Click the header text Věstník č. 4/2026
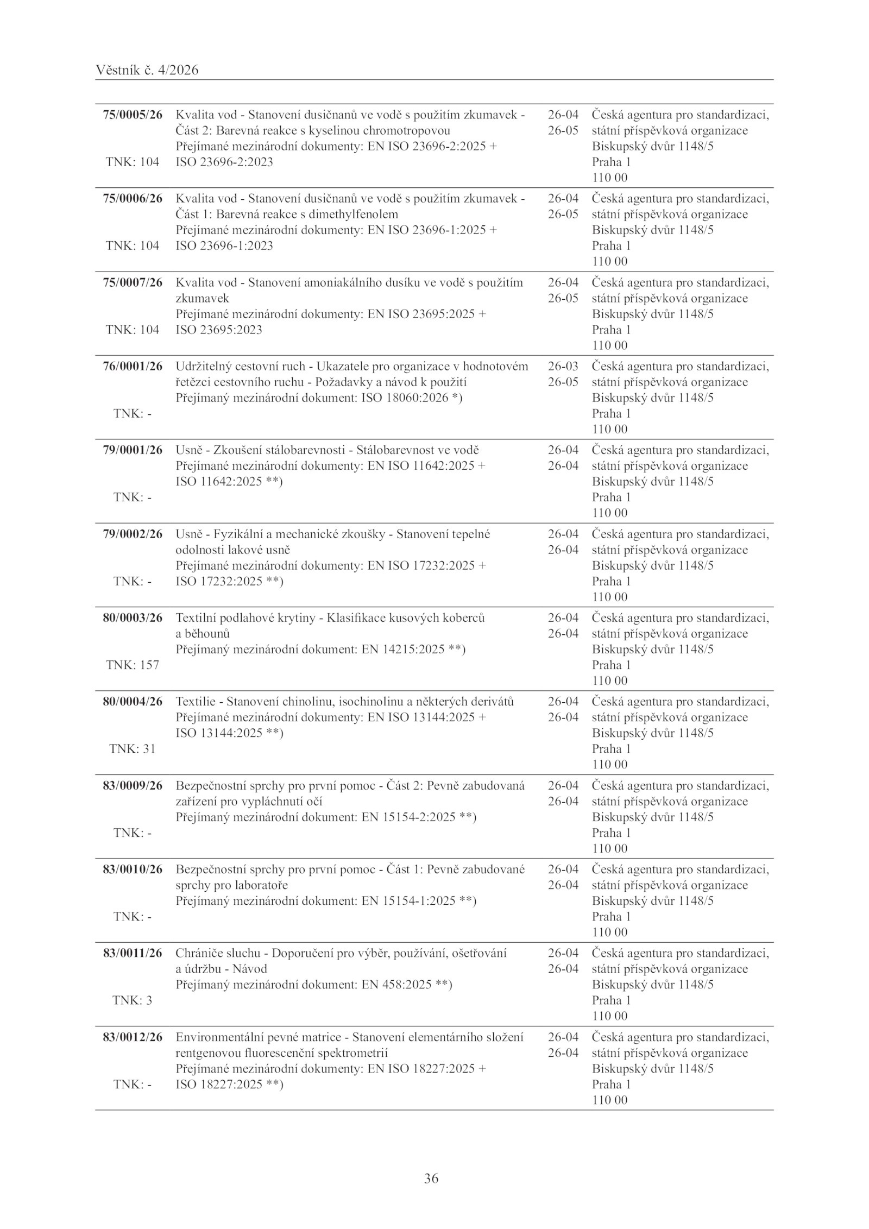(x=147, y=70)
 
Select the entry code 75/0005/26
(x=133, y=115)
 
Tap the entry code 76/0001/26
(x=133, y=366)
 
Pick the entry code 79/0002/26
(x=133, y=534)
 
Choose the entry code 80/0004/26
(x=133, y=701)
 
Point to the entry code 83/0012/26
(x=133, y=1037)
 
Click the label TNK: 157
(x=133, y=665)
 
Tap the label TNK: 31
(x=133, y=748)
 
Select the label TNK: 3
(x=133, y=1000)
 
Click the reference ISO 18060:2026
(x=405, y=398)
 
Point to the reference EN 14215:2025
(x=404, y=649)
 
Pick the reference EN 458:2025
(x=396, y=985)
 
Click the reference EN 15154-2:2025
(x=408, y=817)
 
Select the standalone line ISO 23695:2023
(x=219, y=330)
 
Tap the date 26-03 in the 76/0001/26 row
(x=563, y=366)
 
